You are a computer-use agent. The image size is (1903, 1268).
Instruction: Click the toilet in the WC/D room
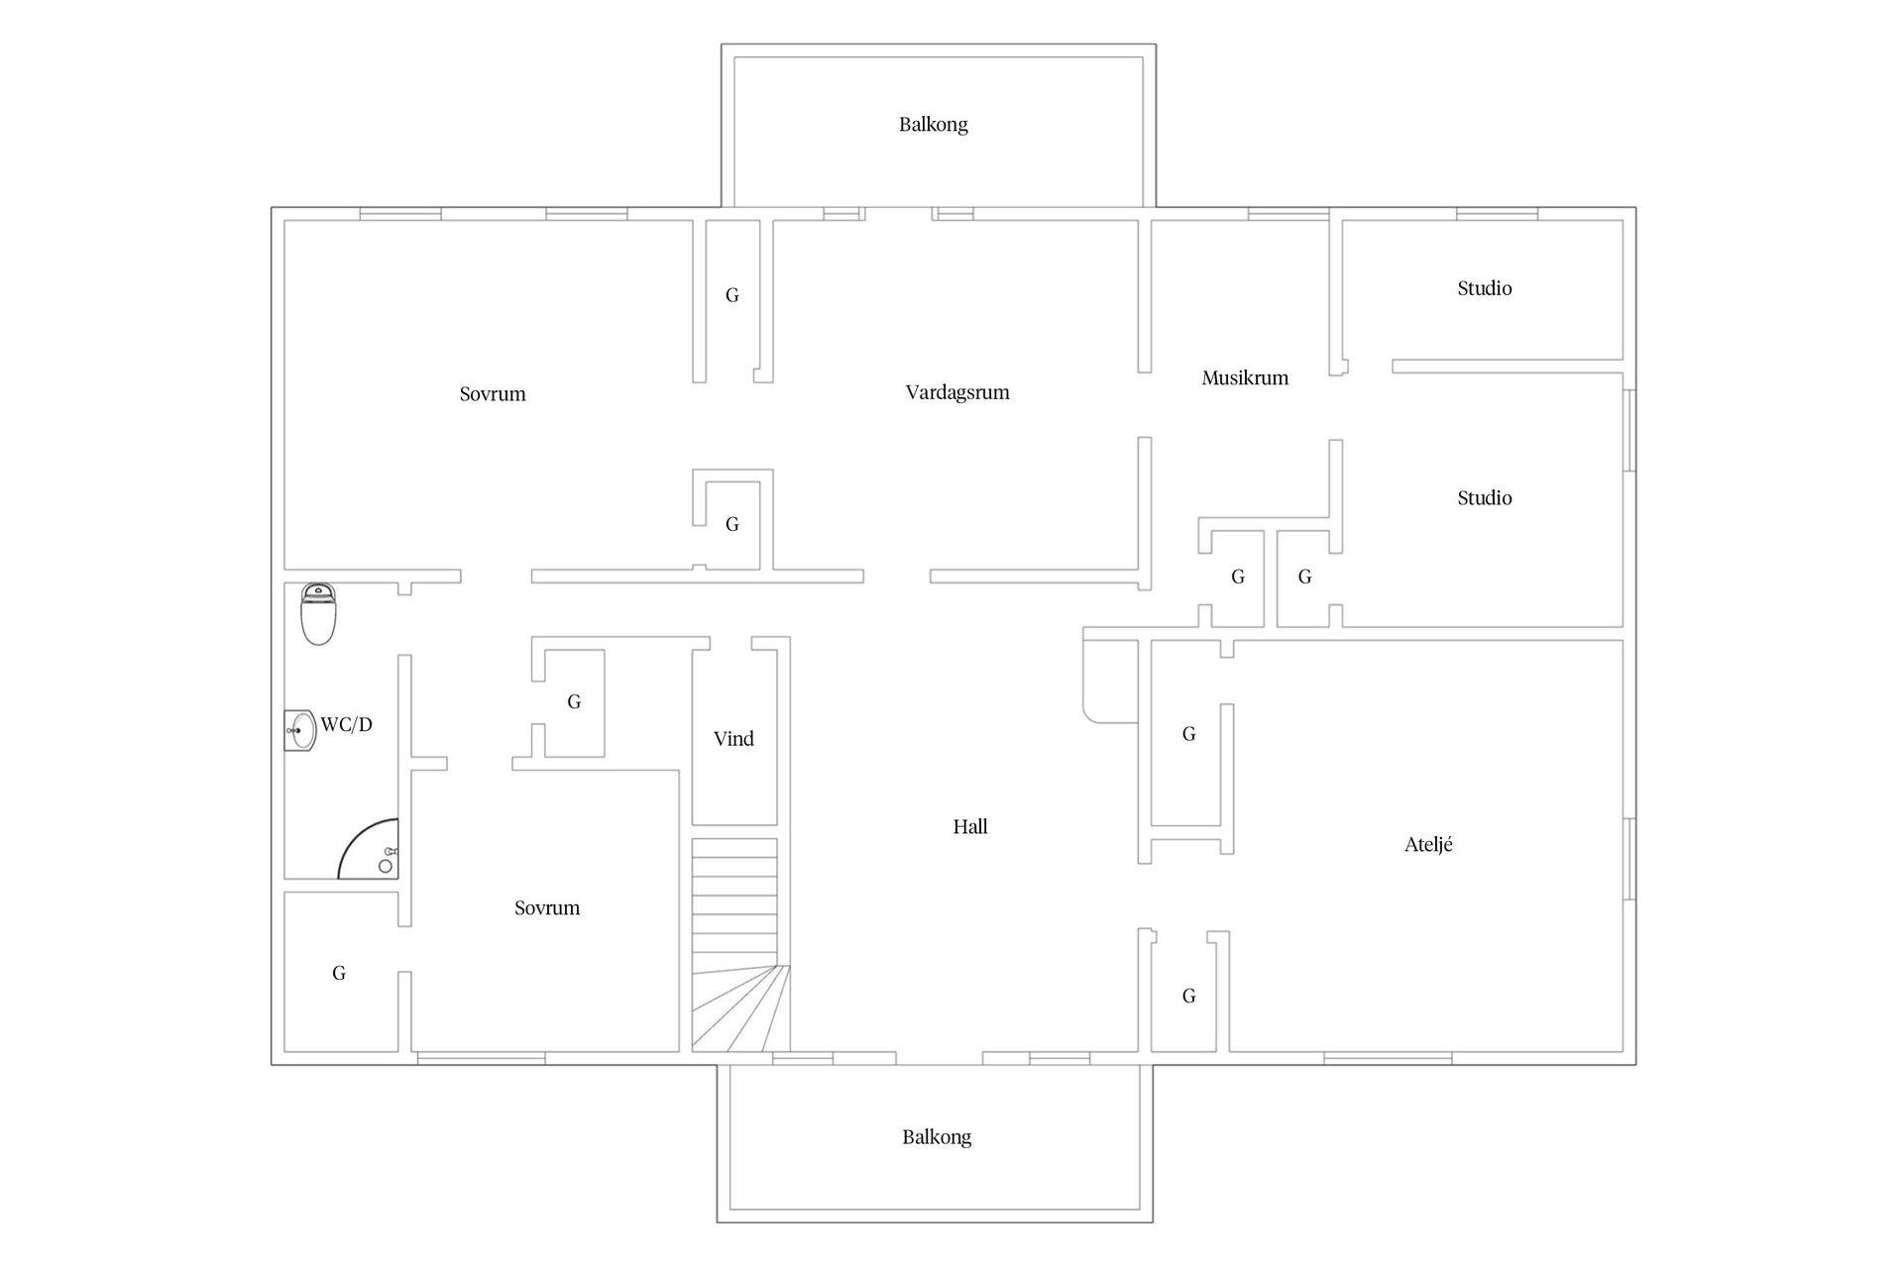point(318,614)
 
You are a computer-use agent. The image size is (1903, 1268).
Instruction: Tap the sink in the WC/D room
point(300,731)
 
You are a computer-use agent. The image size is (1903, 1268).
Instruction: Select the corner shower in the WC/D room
point(369,849)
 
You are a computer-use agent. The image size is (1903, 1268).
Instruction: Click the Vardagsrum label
point(957,392)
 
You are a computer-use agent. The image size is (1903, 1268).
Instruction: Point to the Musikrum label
point(1245,377)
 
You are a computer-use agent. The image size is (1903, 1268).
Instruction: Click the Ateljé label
point(1428,844)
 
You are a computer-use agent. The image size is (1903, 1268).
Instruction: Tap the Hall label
point(970,826)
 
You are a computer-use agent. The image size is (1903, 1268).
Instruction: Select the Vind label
point(733,738)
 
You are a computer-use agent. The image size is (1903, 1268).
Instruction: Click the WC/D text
point(346,724)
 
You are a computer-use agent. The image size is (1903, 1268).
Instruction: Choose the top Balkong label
point(934,124)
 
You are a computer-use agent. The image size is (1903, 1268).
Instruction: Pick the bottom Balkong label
point(937,1137)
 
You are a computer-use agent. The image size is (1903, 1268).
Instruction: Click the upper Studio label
point(1485,288)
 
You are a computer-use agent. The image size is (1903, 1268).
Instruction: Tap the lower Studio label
point(1485,497)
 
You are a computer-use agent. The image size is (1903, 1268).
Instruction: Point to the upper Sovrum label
point(493,393)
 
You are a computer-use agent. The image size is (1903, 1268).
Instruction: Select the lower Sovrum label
point(547,907)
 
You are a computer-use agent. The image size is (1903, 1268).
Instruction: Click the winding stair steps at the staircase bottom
point(740,1008)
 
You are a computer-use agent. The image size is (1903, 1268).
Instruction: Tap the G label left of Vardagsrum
point(732,295)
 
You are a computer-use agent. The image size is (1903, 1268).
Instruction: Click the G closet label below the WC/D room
point(339,973)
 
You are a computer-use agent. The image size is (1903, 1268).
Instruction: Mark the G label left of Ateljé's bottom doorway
point(1189,996)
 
